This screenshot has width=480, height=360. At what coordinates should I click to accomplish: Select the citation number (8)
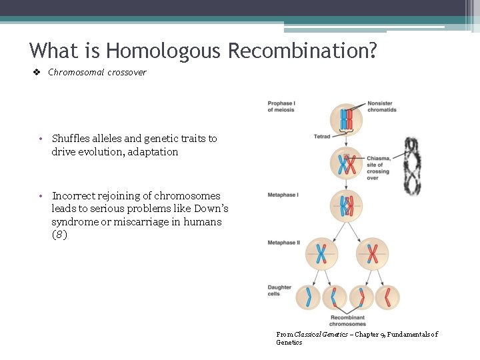click(x=59, y=235)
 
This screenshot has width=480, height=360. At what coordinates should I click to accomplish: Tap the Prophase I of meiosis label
click(x=281, y=106)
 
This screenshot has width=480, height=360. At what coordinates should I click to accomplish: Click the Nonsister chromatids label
click(x=381, y=106)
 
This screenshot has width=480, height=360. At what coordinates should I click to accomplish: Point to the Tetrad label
click(x=322, y=137)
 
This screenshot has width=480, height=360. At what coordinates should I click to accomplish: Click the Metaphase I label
click(x=283, y=195)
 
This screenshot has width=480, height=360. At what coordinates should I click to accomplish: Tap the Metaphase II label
click(x=283, y=243)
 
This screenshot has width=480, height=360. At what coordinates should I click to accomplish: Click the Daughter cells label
click(x=279, y=291)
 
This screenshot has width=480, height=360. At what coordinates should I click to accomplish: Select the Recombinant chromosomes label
click(x=347, y=321)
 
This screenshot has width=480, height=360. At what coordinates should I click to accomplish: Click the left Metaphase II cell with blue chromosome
click(x=321, y=253)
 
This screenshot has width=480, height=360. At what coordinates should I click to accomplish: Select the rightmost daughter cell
click(x=387, y=297)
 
